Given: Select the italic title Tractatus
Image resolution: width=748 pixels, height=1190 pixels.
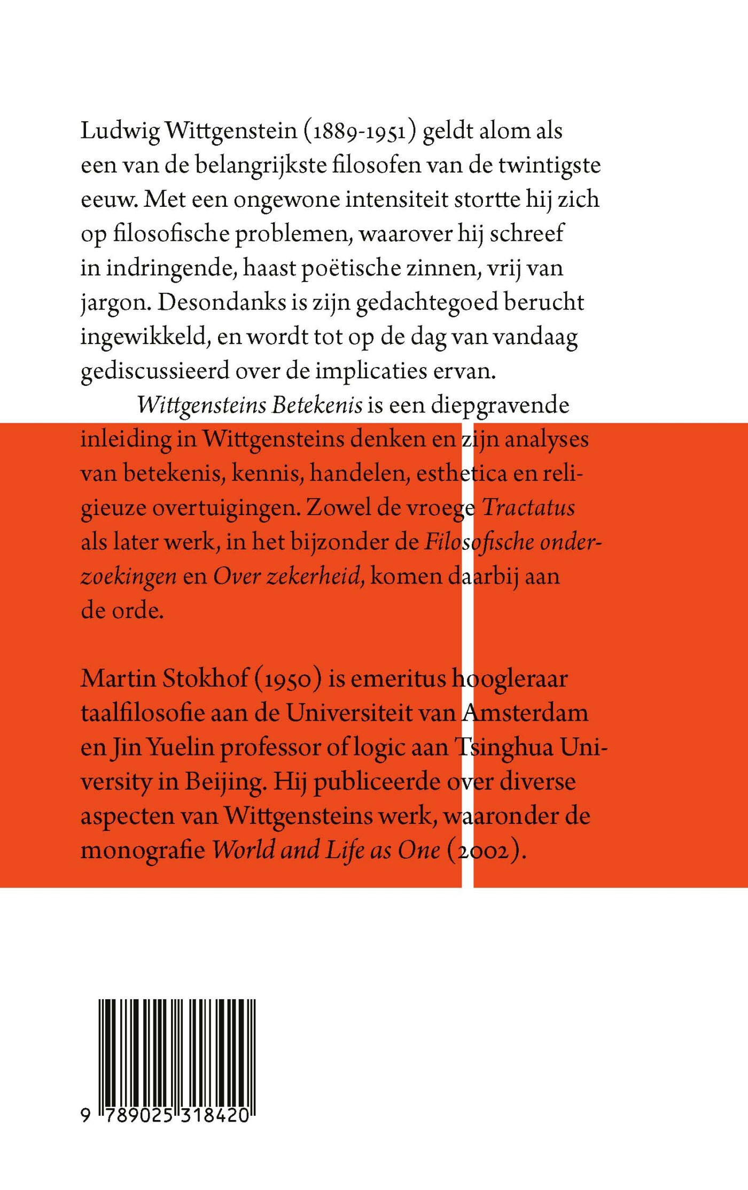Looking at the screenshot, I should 528,508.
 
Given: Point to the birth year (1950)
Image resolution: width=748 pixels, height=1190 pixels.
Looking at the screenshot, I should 287,679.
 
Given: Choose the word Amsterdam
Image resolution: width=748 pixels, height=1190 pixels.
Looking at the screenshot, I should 525,713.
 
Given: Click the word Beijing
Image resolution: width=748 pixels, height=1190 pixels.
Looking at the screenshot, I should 224,782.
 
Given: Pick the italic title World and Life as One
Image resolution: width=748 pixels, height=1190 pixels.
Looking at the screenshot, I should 326,850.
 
